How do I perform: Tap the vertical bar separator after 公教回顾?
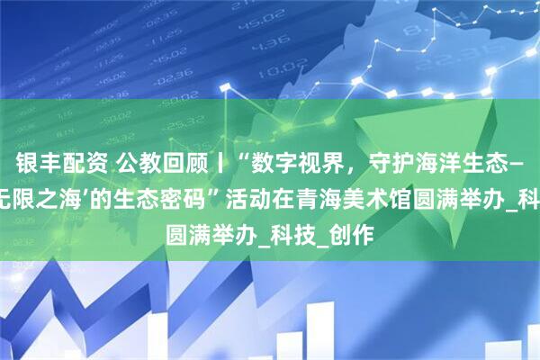[x=201, y=163]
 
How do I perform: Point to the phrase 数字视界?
[x=271, y=163]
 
